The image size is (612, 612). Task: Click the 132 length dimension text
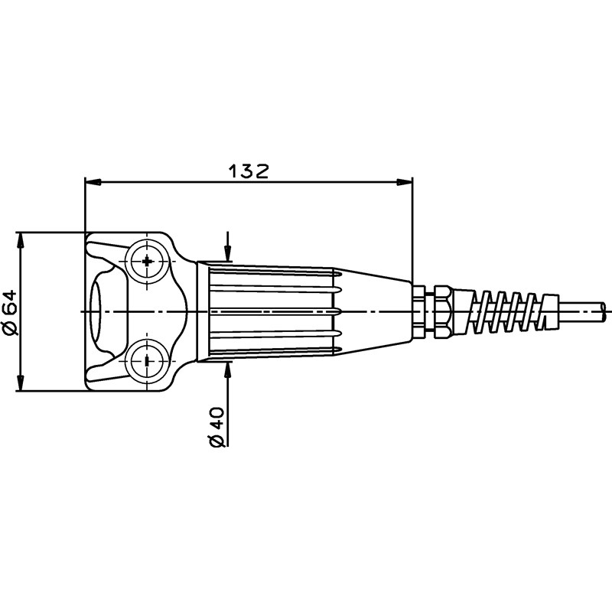(x=249, y=171)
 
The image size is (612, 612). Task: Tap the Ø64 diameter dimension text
(x=10, y=312)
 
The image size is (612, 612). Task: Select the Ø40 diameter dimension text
(x=217, y=427)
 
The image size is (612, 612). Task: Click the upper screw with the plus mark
(x=147, y=262)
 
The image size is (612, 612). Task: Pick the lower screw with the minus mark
(x=147, y=361)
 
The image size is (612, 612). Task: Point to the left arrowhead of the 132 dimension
(x=93, y=182)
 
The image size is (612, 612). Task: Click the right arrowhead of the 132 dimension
(x=405, y=182)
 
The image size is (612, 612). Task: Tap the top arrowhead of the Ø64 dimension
(x=21, y=240)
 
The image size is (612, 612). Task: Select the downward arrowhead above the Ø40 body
(x=228, y=253)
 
